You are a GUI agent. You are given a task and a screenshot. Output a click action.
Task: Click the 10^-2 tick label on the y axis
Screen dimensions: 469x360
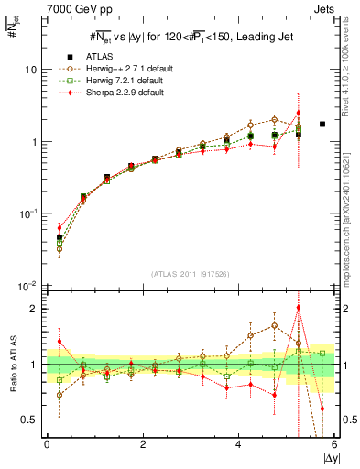pos(28,286)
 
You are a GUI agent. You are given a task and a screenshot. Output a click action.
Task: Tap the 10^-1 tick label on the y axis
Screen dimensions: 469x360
pos(28,213)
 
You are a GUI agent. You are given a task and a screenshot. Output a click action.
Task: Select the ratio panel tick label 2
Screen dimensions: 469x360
pos(34,309)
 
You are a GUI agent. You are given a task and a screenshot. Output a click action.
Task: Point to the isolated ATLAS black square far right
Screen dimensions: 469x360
pos(322,124)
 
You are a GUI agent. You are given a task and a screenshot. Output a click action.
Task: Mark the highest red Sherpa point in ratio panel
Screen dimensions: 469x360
pos(298,308)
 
